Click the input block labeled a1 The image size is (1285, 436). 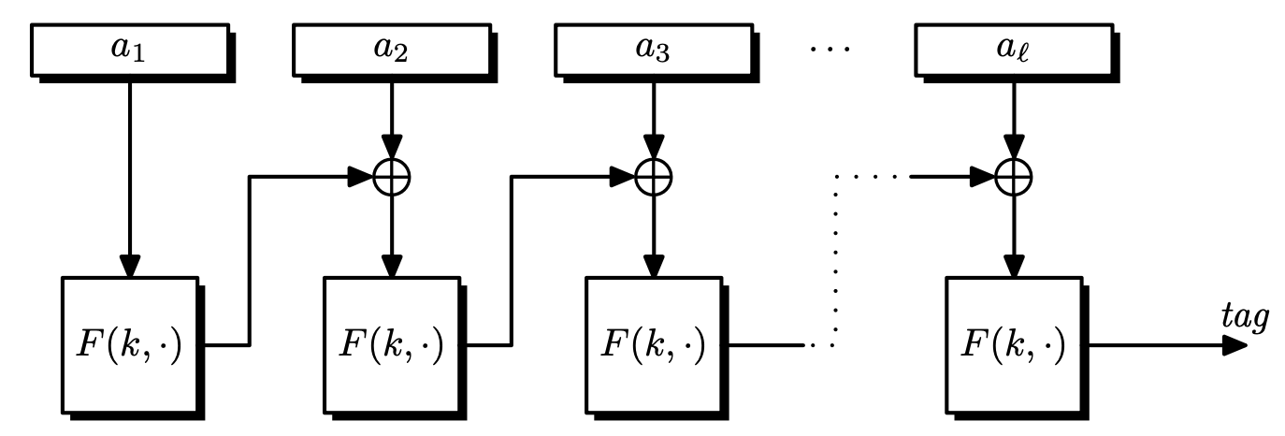click(129, 51)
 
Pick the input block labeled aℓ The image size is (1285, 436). click(1013, 51)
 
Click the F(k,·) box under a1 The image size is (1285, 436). click(130, 344)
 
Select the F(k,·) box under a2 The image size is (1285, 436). click(392, 344)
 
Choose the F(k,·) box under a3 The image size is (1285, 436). click(654, 344)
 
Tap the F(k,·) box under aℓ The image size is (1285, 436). click(1014, 344)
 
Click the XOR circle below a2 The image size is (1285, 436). click(392, 175)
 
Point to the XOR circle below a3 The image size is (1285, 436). click(654, 175)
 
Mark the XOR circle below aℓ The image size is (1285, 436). click(1014, 175)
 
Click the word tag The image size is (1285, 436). click(1245, 318)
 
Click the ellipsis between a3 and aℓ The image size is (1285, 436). click(831, 47)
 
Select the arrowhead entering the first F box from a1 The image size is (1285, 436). click(130, 266)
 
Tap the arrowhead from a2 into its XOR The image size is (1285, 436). click(392, 147)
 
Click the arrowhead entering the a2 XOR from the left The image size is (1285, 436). click(362, 175)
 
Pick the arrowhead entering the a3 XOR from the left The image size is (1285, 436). click(624, 175)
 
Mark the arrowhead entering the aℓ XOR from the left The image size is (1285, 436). click(983, 175)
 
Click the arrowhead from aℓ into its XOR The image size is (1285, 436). click(1014, 147)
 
